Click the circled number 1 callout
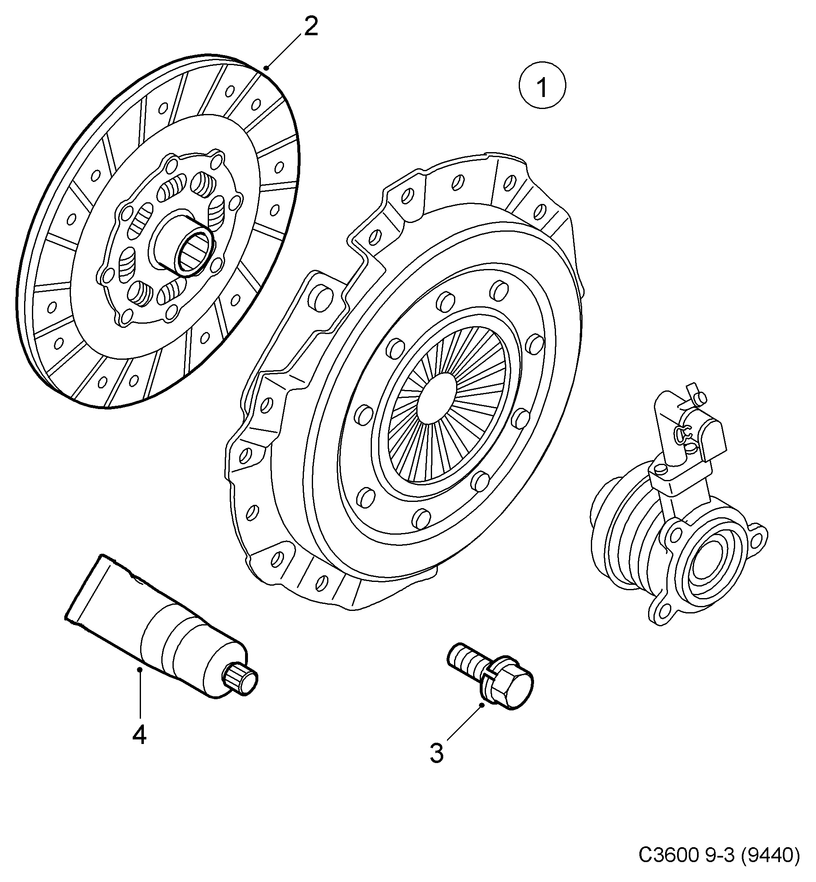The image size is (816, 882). [x=542, y=87]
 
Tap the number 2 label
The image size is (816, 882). [x=311, y=27]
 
